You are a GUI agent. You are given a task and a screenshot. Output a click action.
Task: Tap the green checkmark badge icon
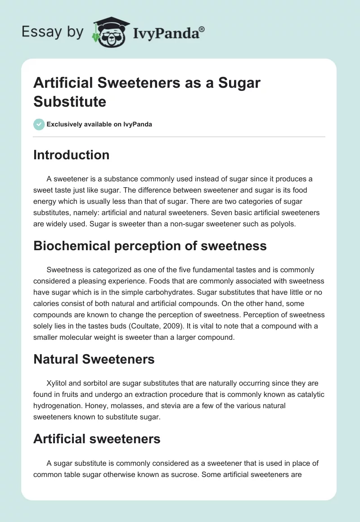point(39,124)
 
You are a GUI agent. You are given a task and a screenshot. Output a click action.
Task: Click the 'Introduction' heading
point(71,155)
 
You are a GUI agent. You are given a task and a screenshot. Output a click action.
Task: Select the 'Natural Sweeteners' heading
point(94,359)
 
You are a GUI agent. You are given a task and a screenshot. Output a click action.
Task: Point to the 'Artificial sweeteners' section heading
point(97,439)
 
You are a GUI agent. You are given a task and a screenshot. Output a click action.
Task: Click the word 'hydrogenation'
point(56,406)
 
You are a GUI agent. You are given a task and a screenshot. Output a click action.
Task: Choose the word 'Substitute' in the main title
point(70,102)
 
